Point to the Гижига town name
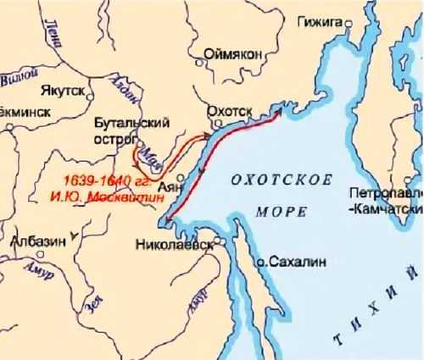321,19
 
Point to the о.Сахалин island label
289,263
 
